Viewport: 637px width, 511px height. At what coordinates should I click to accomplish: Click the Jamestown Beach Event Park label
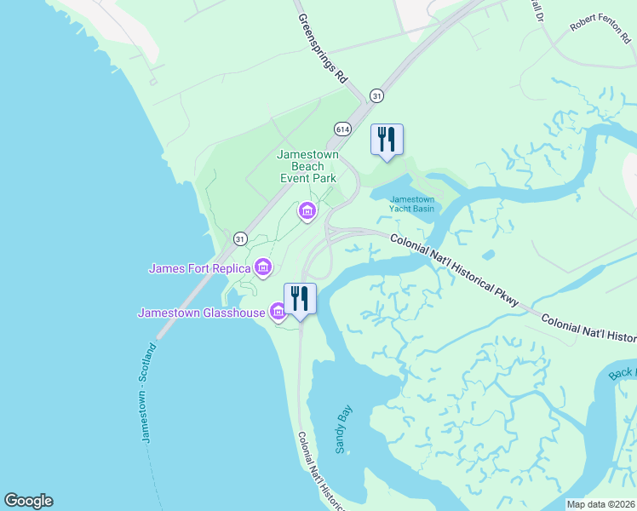click(307, 166)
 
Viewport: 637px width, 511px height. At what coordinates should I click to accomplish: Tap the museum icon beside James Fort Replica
click(263, 269)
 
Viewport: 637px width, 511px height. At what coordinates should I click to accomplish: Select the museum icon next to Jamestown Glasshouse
click(278, 313)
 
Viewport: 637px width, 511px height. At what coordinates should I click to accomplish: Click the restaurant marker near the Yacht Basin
click(387, 140)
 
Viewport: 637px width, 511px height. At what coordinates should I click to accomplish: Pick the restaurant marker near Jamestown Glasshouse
click(300, 299)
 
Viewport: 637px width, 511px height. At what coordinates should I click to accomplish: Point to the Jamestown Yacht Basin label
click(412, 204)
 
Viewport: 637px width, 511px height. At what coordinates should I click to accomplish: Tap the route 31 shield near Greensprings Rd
click(376, 95)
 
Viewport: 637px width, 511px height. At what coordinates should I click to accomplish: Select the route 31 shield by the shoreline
click(240, 239)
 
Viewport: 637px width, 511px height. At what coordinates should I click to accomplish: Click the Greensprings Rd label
click(323, 47)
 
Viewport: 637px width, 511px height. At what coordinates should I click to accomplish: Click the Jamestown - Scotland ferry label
click(149, 392)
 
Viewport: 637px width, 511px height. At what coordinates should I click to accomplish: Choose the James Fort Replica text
click(200, 269)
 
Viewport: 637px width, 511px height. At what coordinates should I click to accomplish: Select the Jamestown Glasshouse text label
click(203, 313)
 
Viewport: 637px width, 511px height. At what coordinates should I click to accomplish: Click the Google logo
click(28, 501)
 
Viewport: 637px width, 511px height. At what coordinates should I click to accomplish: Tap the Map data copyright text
click(600, 504)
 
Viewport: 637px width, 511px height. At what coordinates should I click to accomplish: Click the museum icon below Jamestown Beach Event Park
click(307, 210)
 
